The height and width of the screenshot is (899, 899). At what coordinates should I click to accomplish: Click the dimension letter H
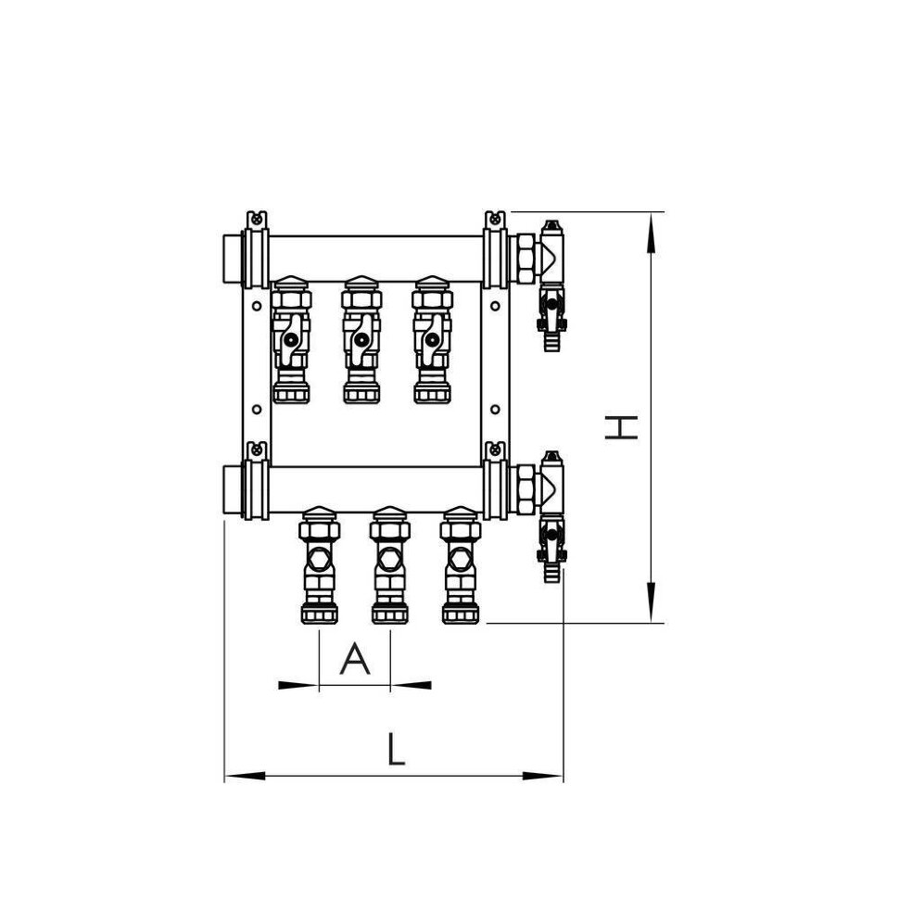coord(622,427)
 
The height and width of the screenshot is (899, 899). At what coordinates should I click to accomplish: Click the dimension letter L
coord(396,749)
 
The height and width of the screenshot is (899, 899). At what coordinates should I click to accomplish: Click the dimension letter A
coord(355,658)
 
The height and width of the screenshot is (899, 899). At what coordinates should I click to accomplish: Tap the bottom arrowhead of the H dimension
coord(651,602)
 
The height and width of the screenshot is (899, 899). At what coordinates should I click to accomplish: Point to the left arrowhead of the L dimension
coord(245,777)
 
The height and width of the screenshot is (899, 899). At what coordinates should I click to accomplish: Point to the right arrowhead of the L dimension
coord(542,777)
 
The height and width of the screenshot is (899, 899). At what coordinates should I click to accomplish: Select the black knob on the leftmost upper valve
coord(291,339)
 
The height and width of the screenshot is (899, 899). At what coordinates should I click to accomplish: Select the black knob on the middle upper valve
coord(361,339)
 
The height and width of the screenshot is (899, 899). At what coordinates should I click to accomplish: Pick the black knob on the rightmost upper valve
coord(432,339)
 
